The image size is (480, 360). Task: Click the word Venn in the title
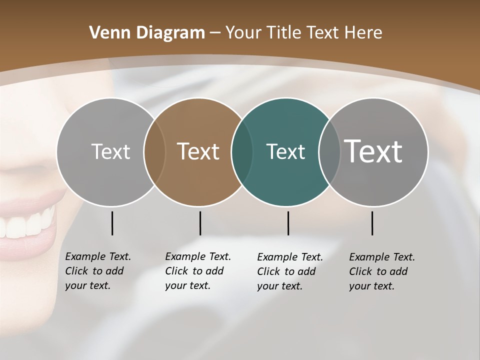click(107, 33)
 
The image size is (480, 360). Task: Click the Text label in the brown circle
click(198, 151)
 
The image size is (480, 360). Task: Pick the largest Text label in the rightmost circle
click(373, 151)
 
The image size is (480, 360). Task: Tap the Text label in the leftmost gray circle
click(110, 151)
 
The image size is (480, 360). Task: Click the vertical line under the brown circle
click(200, 223)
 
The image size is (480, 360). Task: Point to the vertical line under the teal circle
click(288, 223)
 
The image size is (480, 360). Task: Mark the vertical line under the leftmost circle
click(112, 223)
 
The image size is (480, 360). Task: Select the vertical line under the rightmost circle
click(372, 223)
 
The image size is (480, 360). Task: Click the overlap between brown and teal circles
click(242, 152)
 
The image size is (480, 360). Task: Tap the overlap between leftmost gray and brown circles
click(154, 152)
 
